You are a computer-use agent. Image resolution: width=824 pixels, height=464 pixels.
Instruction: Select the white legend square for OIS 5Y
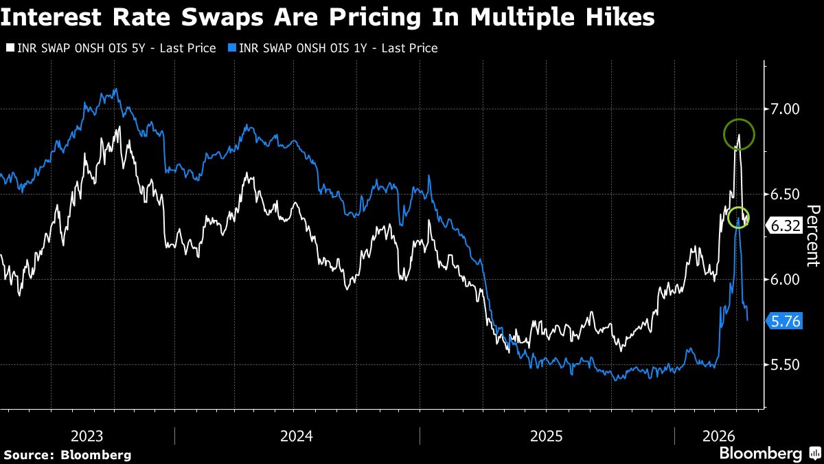pos(10,48)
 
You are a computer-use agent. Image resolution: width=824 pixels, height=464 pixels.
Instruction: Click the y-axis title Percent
pos(813,235)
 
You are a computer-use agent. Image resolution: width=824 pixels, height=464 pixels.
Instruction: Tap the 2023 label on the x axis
pos(87,437)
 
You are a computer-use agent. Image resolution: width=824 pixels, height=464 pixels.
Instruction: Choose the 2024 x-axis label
pos(297,437)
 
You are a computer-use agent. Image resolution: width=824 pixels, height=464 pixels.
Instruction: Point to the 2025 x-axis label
pos(547,437)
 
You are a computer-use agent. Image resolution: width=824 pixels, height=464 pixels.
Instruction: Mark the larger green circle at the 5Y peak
pos(739,134)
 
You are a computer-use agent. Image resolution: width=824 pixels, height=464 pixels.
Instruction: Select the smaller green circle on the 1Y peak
pos(738,218)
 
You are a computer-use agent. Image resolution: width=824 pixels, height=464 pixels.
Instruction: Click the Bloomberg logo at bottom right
pos(760,454)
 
